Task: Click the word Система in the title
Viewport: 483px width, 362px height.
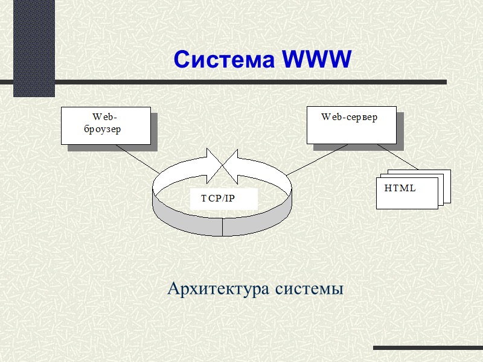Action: pos(225,60)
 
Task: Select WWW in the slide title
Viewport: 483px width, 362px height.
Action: pos(316,60)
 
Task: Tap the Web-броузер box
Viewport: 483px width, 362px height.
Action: pos(106,125)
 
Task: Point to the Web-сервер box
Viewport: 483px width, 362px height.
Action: pos(351,125)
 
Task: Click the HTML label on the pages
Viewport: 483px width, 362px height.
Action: pos(400,188)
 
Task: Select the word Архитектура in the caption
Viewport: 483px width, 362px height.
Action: pos(219,289)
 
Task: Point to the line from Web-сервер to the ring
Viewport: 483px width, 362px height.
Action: pos(314,160)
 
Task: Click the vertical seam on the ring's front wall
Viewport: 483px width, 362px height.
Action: pos(223,226)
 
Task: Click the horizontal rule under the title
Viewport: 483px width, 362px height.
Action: pos(241,81)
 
